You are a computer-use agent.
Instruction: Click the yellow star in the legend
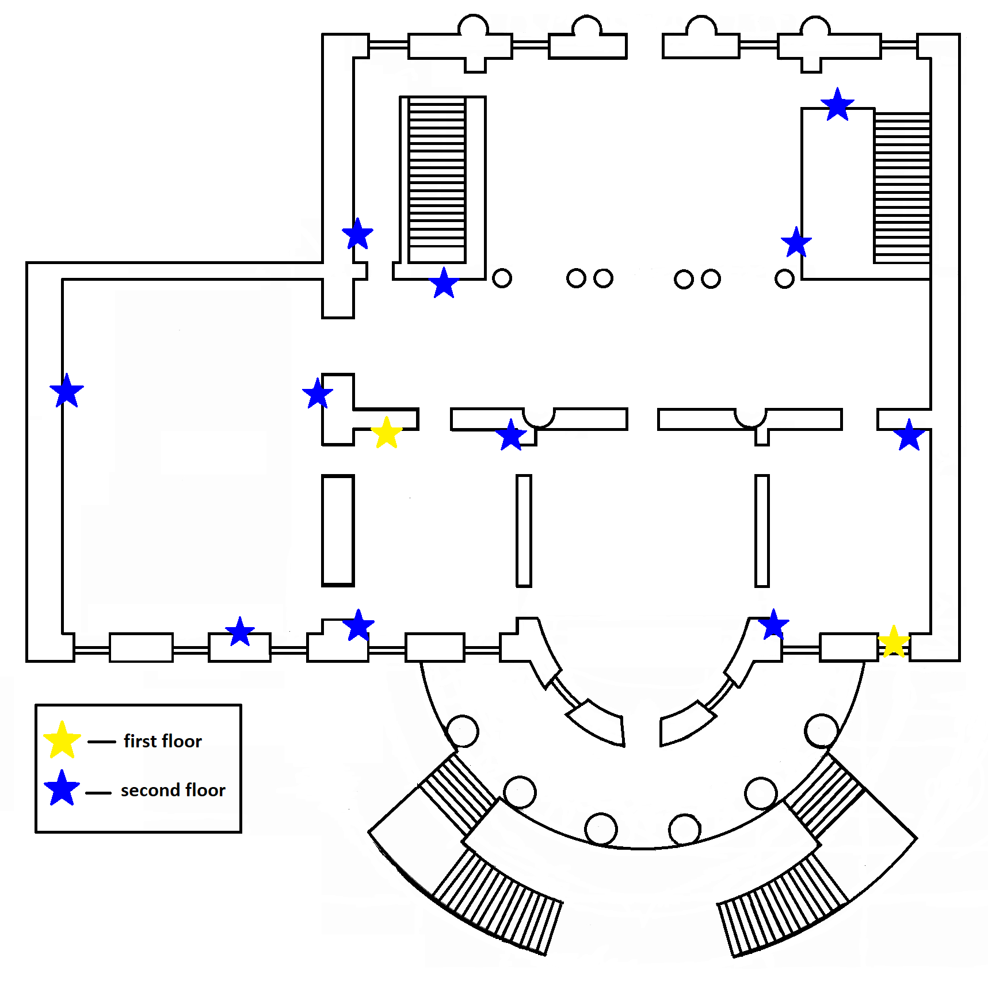[x=62, y=740]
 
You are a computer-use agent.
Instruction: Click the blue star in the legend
[x=62, y=789]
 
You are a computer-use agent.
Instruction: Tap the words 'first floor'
[x=163, y=741]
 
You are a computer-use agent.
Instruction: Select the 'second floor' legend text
[x=173, y=790]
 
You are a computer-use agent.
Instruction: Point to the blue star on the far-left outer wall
[x=67, y=391]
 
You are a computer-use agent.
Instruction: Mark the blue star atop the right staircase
[x=837, y=105]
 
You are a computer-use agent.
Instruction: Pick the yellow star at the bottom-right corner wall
[x=893, y=641]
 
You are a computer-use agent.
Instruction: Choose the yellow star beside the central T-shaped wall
[x=386, y=433]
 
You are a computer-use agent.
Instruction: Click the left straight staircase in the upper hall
[x=437, y=180]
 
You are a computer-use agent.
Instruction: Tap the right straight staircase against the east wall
[x=902, y=188]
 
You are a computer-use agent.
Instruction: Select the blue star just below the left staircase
[x=444, y=283]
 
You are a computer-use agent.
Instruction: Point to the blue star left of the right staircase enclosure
[x=796, y=242]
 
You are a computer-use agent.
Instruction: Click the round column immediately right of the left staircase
[x=502, y=278]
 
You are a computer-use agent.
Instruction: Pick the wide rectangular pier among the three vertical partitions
[x=338, y=530]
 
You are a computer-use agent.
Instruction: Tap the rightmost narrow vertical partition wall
[x=762, y=530]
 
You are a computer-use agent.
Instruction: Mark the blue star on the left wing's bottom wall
[x=240, y=632]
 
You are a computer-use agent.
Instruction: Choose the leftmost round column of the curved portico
[x=462, y=731]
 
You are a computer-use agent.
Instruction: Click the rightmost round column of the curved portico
[x=821, y=731]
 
